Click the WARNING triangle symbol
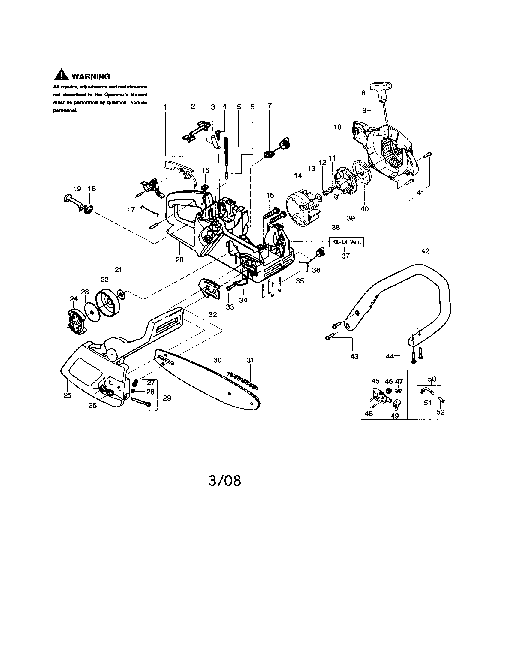pos(61,75)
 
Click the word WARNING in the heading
pos(91,77)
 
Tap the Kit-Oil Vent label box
pos(346,242)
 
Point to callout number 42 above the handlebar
pos(425,251)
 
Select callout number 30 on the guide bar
pos(218,360)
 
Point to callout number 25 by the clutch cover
pos(68,395)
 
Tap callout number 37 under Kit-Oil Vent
pos(345,256)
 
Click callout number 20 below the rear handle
pos(179,259)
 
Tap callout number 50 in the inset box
pos(432,379)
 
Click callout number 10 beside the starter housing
pos(338,127)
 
